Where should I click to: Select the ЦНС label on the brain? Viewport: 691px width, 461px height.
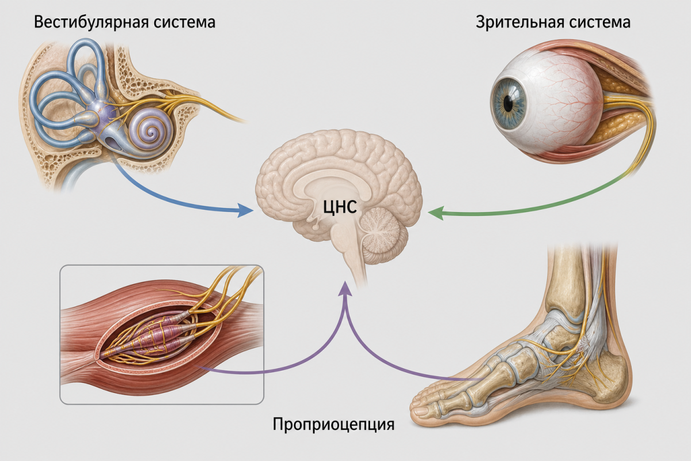point(340,207)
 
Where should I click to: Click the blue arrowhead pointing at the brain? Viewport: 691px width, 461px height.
point(245,210)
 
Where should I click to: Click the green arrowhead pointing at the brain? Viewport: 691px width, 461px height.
point(435,213)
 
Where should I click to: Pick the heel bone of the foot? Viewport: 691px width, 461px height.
point(605,379)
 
